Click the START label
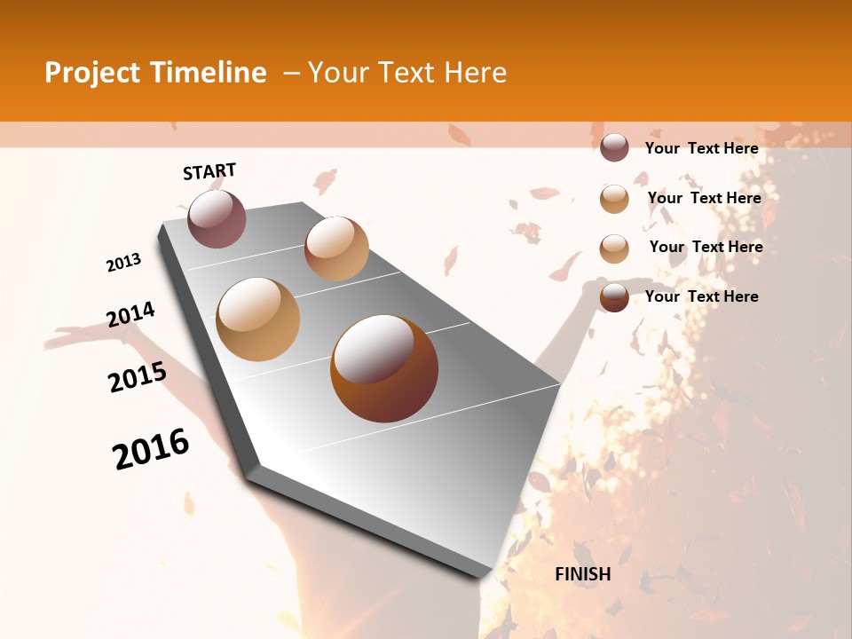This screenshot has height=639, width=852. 209,171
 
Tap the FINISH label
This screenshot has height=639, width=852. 582,574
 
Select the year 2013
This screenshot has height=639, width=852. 123,263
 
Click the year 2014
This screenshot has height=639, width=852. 130,315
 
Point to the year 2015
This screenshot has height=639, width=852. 138,376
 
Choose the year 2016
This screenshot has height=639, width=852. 151,449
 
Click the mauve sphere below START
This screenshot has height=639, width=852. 217,218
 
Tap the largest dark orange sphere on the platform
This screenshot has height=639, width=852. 384,368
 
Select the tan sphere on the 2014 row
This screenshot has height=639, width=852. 258,319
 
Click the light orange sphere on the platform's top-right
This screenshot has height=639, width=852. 336,248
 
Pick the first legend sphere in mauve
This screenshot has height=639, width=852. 614,148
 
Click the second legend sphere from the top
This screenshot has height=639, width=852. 614,199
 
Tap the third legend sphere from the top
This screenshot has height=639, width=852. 614,248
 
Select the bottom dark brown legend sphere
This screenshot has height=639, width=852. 614,297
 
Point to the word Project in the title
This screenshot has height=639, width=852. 93,73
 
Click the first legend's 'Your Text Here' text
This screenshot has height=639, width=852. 702,148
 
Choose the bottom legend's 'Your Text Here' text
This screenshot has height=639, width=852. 702,296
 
